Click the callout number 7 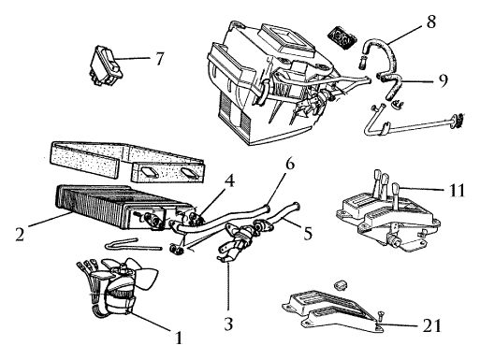point(160,59)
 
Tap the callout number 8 point(430,22)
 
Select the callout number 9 point(443,80)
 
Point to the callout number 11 point(457,190)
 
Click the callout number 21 point(432,325)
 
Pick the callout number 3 point(228,324)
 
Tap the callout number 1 point(179,338)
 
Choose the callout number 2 point(20,234)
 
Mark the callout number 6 point(290,164)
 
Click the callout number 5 point(308,233)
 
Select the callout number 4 point(229,180)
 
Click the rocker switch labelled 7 point(106,65)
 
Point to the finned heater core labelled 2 point(124,208)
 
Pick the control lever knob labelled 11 point(396,189)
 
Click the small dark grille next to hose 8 point(342,37)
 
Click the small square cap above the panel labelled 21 point(341,284)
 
